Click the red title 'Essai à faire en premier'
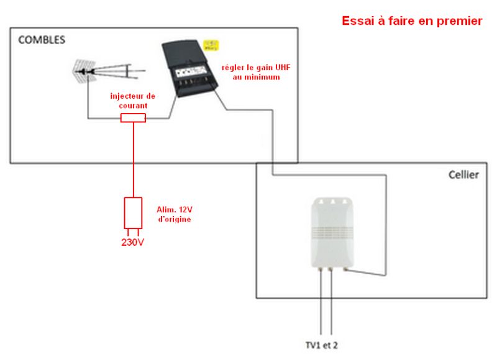[412, 21]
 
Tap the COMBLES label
[42, 40]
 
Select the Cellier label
[463, 175]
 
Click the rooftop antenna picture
[108, 71]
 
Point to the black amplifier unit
[189, 68]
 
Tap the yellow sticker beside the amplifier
[211, 45]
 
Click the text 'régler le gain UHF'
[256, 68]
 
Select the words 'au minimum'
[256, 77]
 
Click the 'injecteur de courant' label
[133, 101]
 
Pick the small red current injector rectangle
[133, 118]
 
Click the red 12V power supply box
[133, 213]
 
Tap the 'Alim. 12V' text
[175, 210]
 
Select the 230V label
[132, 243]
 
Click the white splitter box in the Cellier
[332, 233]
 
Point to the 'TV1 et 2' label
[321, 345]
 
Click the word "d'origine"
[175, 220]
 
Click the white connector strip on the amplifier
[190, 73]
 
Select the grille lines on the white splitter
[332, 232]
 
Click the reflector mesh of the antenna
[83, 71]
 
